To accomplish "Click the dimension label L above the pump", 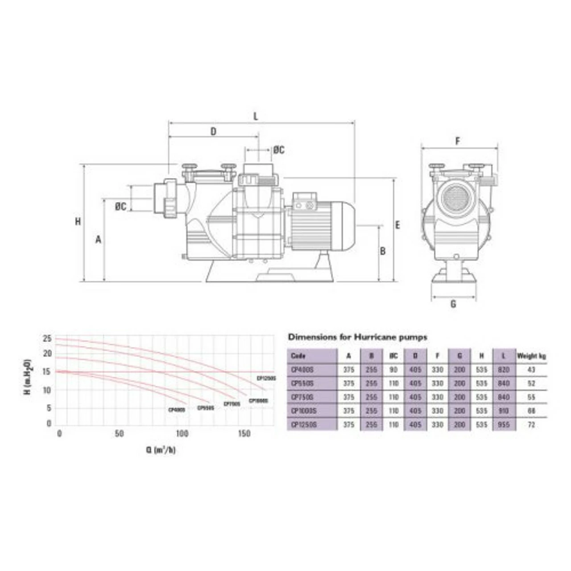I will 256,116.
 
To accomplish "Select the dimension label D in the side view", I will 213,131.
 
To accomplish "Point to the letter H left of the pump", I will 78,221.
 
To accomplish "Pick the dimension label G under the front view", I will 453,305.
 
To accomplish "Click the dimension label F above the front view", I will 457,142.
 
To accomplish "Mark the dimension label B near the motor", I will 382,251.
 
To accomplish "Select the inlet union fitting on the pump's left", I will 169,198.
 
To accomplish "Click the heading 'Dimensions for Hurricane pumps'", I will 357,337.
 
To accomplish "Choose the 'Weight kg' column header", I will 531,356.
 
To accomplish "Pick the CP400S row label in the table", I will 302,370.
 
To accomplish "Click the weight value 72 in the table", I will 531,425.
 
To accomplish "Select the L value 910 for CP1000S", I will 504,411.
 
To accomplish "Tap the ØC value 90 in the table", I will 393,370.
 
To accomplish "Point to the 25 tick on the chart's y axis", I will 47,338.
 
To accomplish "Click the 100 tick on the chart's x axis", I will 182,434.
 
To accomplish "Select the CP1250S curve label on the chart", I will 266,378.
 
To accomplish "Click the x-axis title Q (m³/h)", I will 161,450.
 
